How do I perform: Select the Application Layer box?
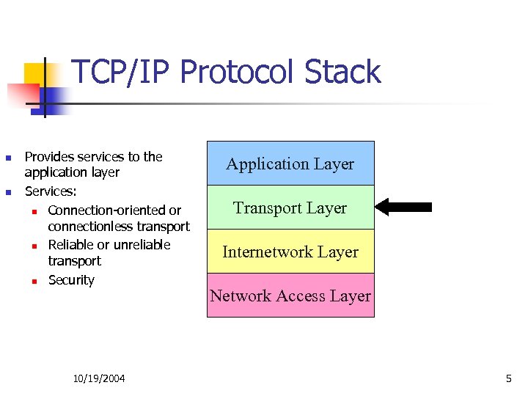pyautogui.click(x=290, y=164)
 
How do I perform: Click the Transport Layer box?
pyautogui.click(x=290, y=208)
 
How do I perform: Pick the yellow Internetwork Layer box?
pyautogui.click(x=290, y=252)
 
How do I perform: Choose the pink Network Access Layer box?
pyautogui.click(x=290, y=296)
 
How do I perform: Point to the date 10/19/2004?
pyautogui.click(x=99, y=378)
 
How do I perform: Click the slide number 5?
pyautogui.click(x=508, y=378)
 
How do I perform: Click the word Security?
pyautogui.click(x=71, y=280)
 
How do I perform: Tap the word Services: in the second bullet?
pyautogui.click(x=51, y=191)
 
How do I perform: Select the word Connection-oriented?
pyautogui.click(x=107, y=210)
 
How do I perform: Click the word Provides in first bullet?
pyautogui.click(x=48, y=157)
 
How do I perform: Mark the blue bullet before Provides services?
pyautogui.click(x=8, y=158)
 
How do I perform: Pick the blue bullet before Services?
pyautogui.click(x=8, y=192)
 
